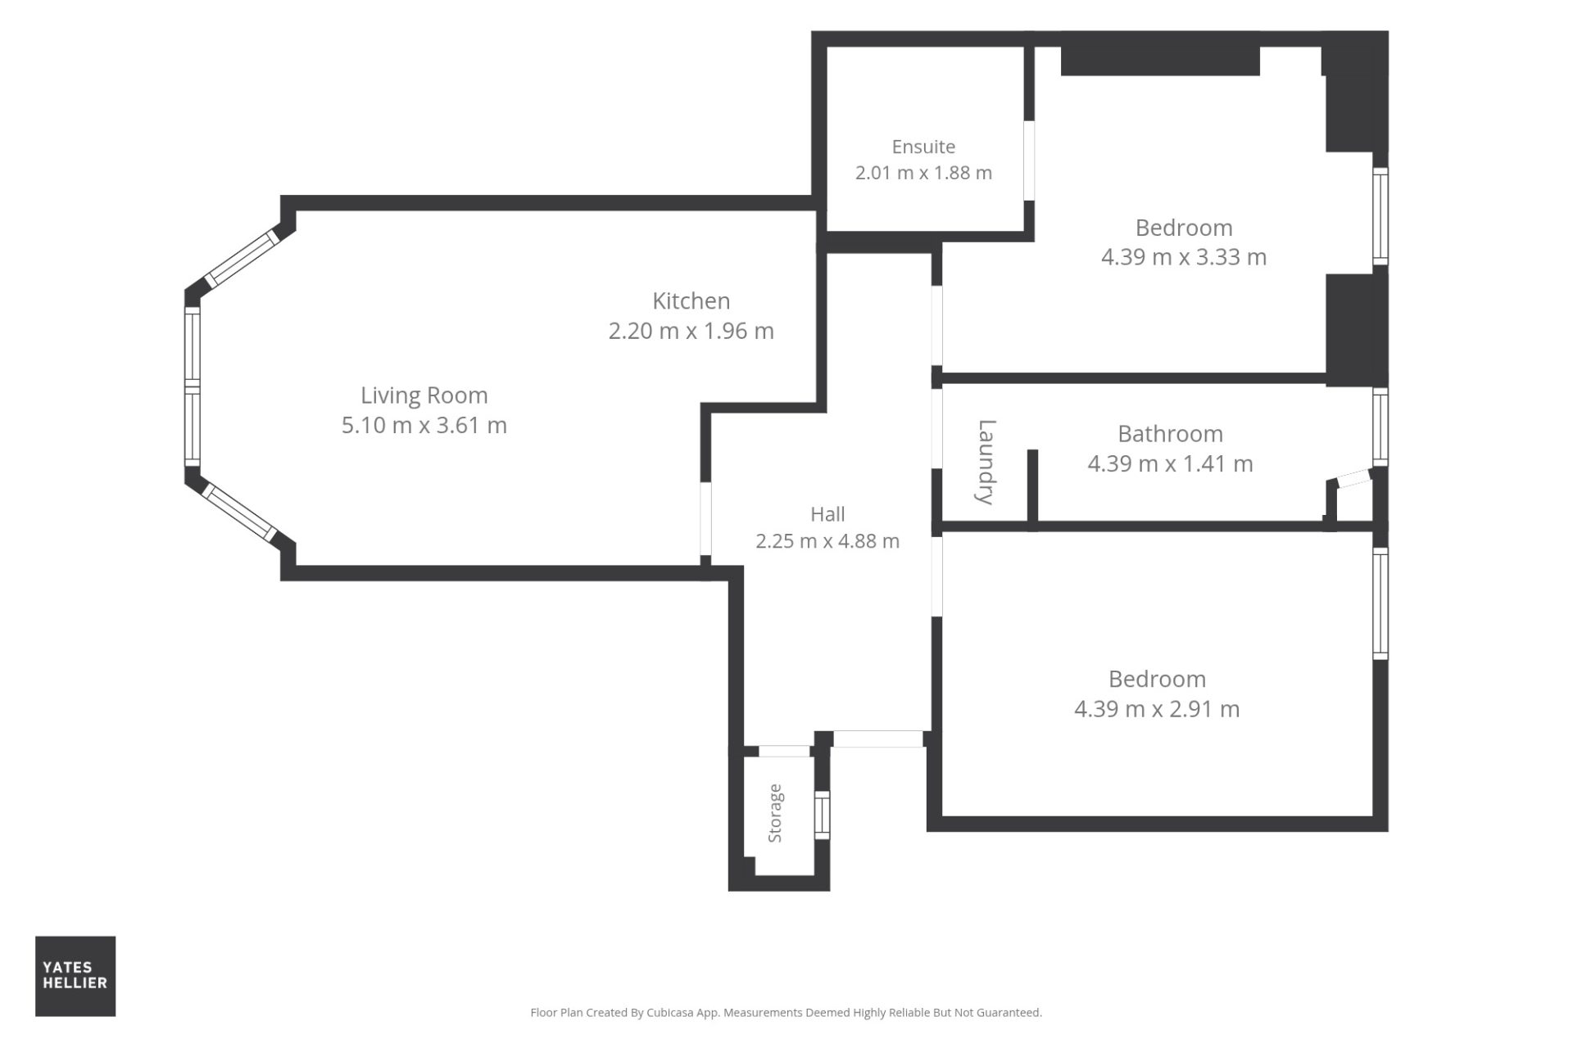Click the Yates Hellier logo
tap(75, 976)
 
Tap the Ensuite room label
tap(923, 147)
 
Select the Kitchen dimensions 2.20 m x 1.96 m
tap(691, 331)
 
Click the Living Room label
tap(424, 395)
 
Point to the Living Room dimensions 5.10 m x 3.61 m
tap(424, 425)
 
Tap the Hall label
tap(827, 514)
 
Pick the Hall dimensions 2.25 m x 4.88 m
tap(827, 541)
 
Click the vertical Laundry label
tap(986, 462)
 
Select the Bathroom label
tap(1170, 434)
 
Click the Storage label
tap(775, 813)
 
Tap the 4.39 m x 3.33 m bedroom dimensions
tap(1184, 257)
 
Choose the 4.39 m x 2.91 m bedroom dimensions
tap(1157, 709)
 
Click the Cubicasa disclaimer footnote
tap(786, 1013)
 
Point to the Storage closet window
tap(822, 815)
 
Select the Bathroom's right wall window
tap(1380, 427)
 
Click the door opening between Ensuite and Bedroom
tap(1029, 160)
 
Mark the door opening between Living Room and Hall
tap(705, 519)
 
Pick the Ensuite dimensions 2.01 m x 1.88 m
tap(923, 174)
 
